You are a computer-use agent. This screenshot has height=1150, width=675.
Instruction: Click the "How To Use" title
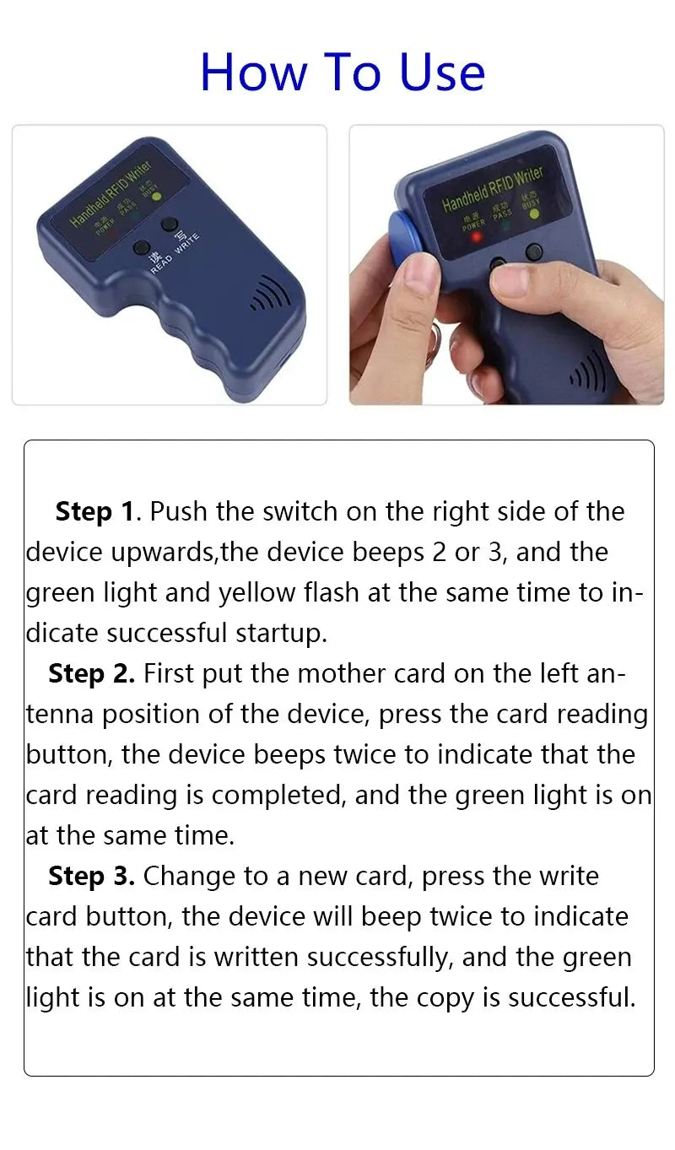point(343,72)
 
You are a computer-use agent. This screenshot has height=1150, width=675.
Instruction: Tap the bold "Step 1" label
point(95,512)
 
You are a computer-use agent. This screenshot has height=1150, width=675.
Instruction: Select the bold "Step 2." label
point(91,673)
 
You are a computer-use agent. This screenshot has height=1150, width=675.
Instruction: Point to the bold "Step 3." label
point(91,876)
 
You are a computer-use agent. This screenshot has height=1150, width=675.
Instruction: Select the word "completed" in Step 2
point(276,796)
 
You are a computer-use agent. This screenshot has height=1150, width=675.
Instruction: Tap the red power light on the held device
point(477,237)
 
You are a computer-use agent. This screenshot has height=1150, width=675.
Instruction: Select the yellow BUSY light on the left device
point(157,196)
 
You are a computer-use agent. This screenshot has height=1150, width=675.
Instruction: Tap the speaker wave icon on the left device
point(269,294)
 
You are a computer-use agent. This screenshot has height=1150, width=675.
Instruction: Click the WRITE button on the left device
point(170,224)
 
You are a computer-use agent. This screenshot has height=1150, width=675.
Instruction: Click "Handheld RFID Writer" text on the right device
point(492,188)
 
